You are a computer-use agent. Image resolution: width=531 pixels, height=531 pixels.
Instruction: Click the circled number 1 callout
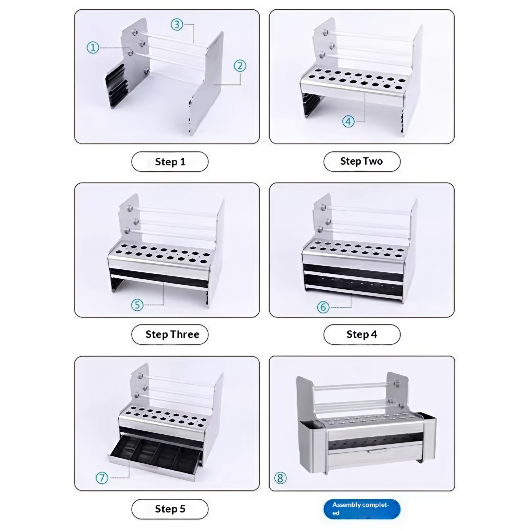(93, 47)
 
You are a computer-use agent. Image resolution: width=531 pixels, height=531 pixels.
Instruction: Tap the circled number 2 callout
(240, 66)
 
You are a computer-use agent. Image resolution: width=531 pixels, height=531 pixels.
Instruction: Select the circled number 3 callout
(177, 25)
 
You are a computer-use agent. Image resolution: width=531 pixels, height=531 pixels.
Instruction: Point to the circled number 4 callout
(348, 121)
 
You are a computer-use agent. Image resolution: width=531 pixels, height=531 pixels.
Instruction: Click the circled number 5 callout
(137, 305)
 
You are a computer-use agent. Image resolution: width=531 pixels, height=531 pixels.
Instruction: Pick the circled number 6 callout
(323, 307)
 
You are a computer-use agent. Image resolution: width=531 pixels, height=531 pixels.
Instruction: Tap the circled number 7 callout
(102, 478)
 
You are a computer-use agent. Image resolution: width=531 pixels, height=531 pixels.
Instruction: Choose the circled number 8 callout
(280, 478)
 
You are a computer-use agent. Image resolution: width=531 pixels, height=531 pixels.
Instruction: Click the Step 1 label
(170, 162)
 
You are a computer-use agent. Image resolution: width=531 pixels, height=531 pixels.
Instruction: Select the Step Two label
(362, 161)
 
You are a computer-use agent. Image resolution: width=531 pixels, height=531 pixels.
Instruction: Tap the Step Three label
(172, 334)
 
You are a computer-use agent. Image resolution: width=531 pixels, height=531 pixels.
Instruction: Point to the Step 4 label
(362, 334)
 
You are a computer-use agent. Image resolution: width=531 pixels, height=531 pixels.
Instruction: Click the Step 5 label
(170, 509)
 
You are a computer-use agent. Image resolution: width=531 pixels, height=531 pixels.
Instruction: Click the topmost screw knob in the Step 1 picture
(135, 32)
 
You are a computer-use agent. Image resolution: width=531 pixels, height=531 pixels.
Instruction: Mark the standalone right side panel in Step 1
(206, 84)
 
